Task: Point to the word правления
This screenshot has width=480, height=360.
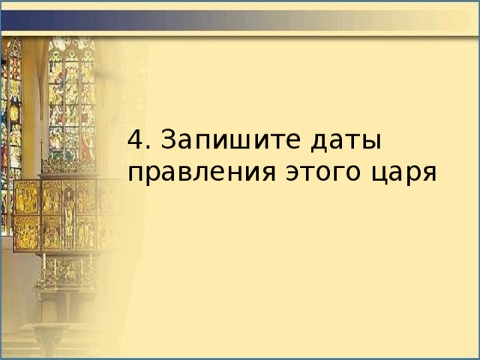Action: pyautogui.click(x=202, y=172)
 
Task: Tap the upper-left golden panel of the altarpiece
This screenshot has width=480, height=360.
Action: pyautogui.click(x=28, y=196)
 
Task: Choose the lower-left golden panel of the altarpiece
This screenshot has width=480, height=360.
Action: pyautogui.click(x=28, y=232)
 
